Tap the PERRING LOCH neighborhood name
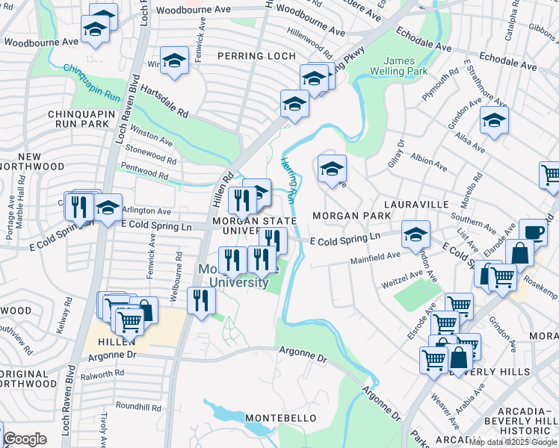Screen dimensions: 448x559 click(256, 56)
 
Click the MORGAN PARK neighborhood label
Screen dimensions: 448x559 click(351, 216)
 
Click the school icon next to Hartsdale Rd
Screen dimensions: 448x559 click(174, 60)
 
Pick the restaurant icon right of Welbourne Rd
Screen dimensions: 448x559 click(202, 300)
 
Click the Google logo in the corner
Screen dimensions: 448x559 click(25, 439)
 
